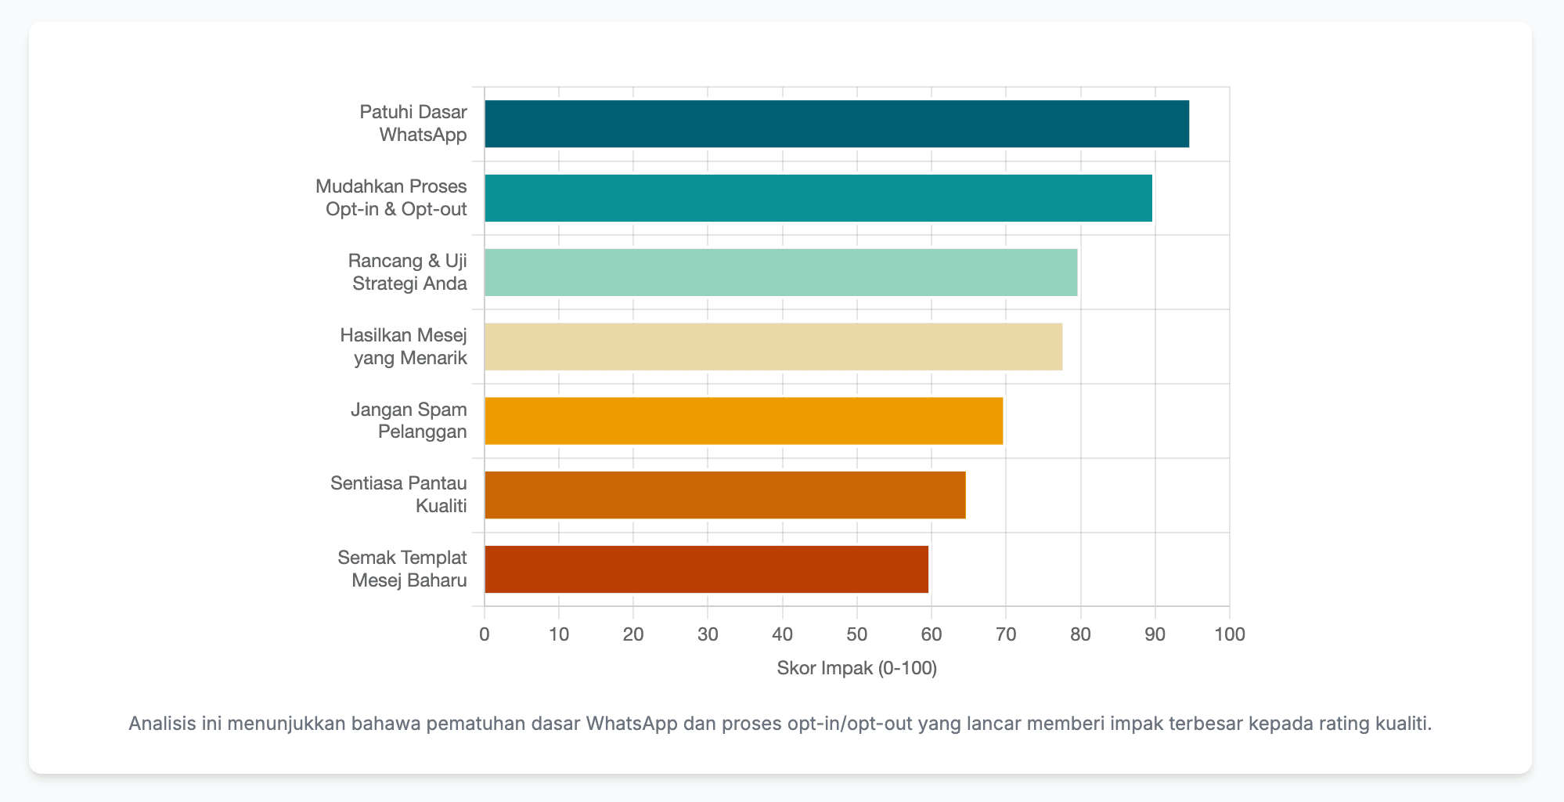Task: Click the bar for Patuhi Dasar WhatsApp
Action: tap(836, 124)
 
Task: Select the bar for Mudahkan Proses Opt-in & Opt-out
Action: tap(818, 198)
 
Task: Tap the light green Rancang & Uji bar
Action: tap(780, 273)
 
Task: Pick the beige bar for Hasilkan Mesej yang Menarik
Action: tap(773, 347)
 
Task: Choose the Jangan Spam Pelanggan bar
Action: tap(744, 421)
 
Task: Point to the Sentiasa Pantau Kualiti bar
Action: tap(725, 495)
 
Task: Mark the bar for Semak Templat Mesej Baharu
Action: tap(706, 569)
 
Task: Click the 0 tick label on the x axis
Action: tap(485, 634)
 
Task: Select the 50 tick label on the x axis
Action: tap(857, 634)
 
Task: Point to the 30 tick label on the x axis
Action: tap(708, 634)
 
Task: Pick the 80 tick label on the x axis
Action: tap(1080, 634)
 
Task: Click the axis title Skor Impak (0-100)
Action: tap(857, 668)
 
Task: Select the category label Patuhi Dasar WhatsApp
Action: tap(413, 123)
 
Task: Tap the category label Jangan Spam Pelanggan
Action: tap(409, 421)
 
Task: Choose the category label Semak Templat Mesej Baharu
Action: tap(402, 569)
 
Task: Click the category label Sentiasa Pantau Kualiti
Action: tap(398, 495)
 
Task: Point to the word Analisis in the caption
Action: tap(162, 723)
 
